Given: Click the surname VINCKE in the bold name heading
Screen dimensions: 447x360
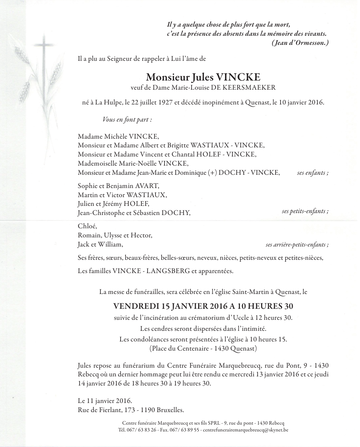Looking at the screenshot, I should [x=238, y=77].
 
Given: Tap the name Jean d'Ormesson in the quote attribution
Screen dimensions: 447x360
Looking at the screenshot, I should [x=299, y=43].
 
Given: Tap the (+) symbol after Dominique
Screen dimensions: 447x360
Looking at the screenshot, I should [x=212, y=173].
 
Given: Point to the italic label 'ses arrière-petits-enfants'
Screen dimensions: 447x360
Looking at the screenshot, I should [x=297, y=245].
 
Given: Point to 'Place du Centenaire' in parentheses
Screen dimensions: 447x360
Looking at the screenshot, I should [x=177, y=348].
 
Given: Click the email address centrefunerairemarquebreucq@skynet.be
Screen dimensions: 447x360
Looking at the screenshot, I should [x=246, y=430].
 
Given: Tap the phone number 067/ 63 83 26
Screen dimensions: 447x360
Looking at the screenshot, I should [x=141, y=430].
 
